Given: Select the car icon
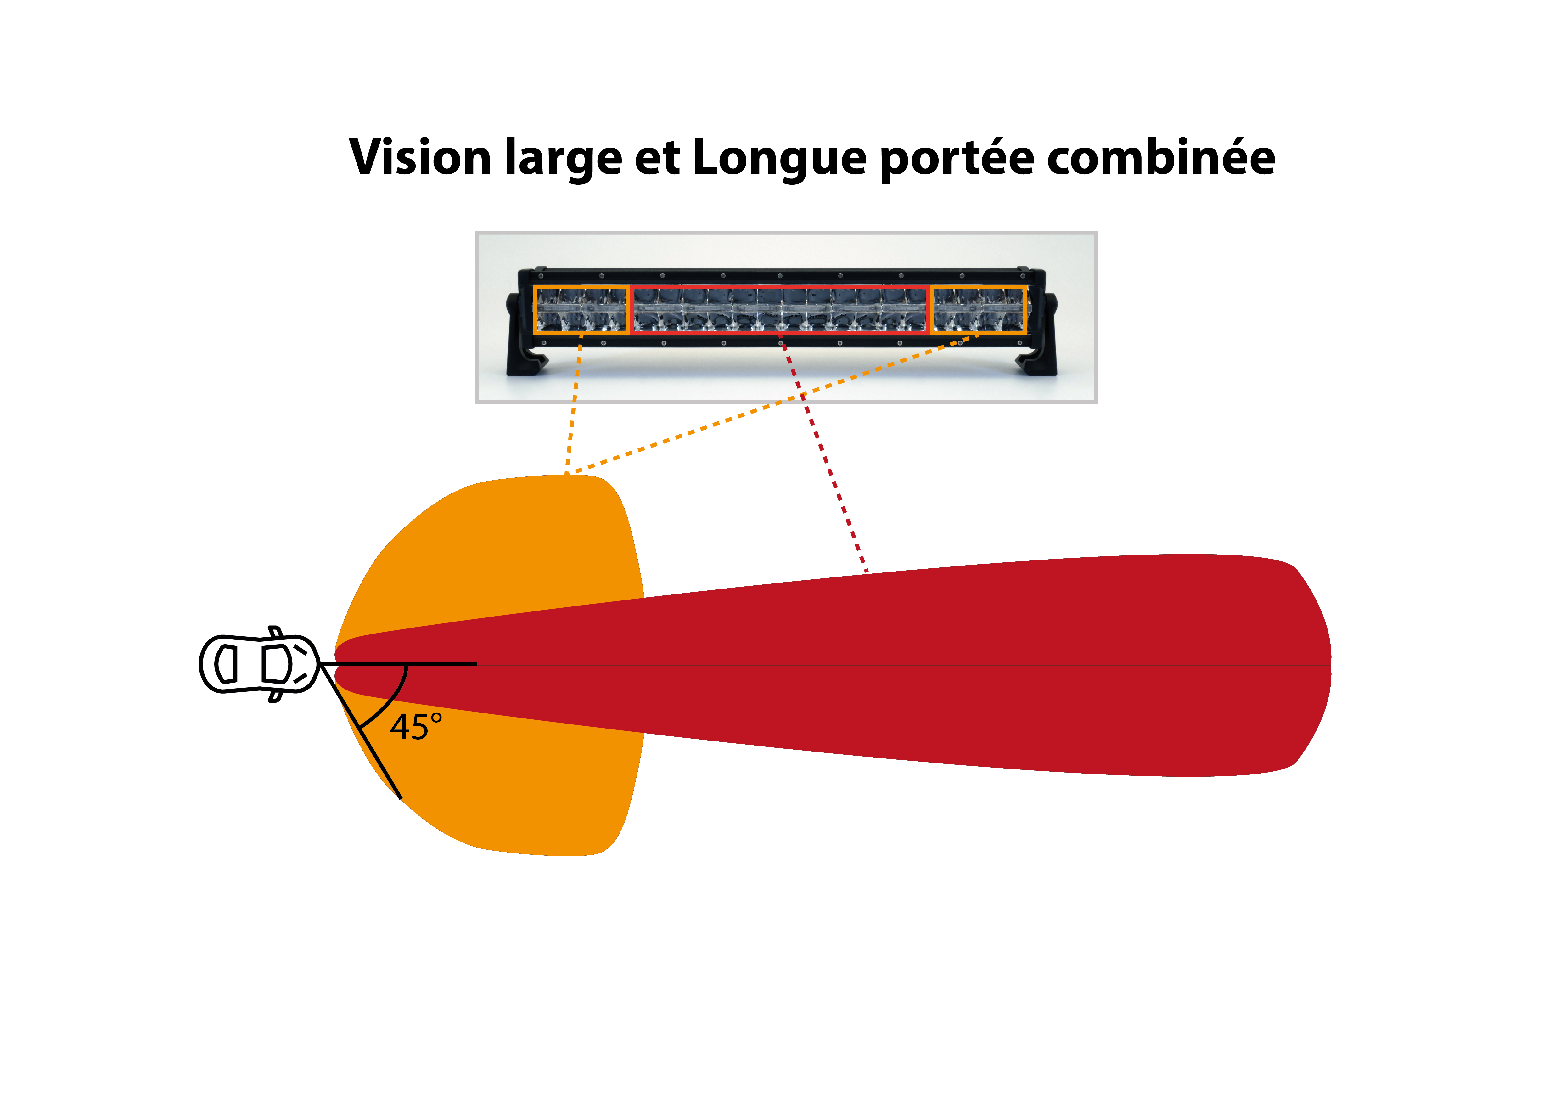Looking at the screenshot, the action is point(259,663).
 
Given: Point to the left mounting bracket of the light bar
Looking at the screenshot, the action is point(524,333).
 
